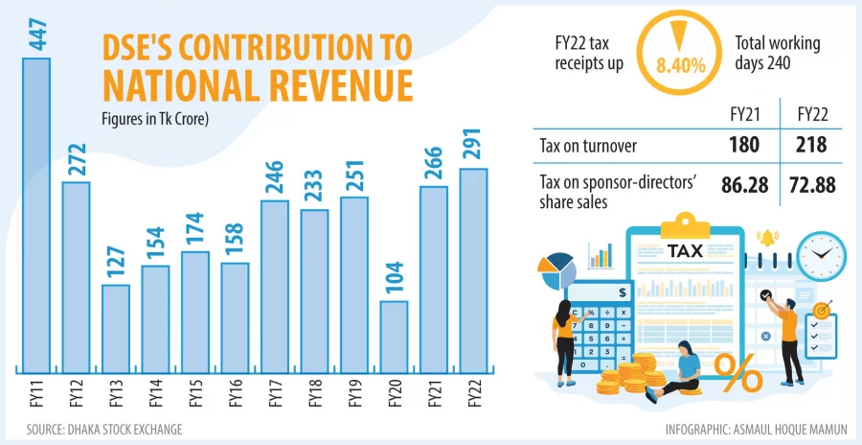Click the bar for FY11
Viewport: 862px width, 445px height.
point(35,216)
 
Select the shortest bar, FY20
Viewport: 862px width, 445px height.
point(394,337)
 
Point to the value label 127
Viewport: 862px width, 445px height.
point(115,264)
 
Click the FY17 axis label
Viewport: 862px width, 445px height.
point(274,393)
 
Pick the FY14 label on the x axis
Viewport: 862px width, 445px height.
point(155,393)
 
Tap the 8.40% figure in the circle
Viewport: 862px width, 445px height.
point(682,66)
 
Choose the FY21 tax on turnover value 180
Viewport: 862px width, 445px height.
point(742,145)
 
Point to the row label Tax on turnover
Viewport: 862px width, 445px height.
point(588,145)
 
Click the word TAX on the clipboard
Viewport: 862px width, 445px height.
point(684,250)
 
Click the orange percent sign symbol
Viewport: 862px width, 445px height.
point(738,374)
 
